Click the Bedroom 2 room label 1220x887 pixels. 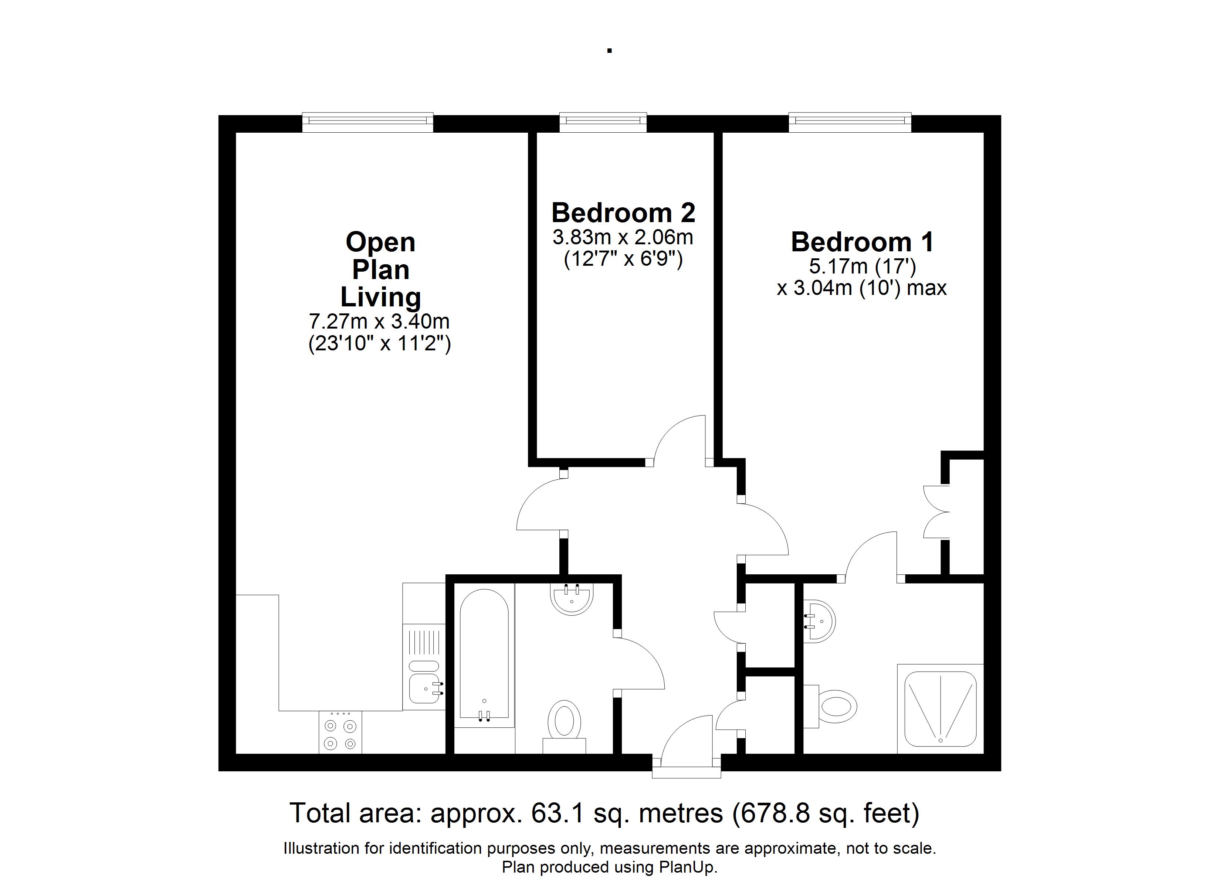coord(623,213)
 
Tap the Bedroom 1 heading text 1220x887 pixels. coord(862,242)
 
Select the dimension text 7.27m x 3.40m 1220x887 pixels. coord(379,321)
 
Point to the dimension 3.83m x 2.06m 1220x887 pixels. coord(623,237)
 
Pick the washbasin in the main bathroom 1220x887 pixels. coord(572,599)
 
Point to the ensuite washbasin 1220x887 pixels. coord(819,621)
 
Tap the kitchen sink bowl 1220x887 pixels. coord(424,689)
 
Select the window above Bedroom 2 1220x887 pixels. coord(603,122)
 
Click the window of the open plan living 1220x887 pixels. coord(367,122)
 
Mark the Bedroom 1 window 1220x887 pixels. coord(850,122)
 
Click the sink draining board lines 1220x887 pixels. coord(424,642)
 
